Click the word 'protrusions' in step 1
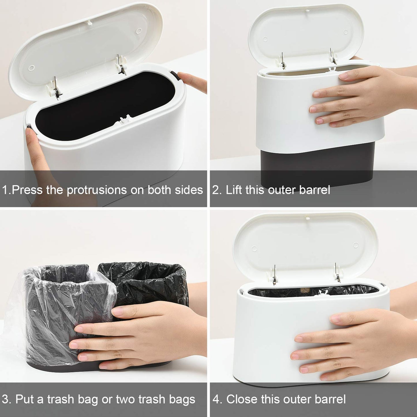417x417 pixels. point(97,190)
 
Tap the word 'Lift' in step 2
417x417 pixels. point(233,190)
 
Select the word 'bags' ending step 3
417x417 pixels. point(182,399)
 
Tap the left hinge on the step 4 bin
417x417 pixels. point(274,276)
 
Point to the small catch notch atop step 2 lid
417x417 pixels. point(307,11)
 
